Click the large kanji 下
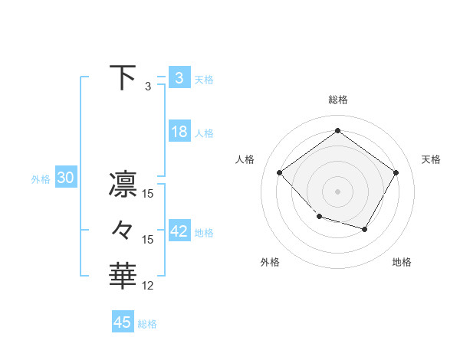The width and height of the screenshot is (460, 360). pos(123,77)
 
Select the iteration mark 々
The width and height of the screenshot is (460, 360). pos(123,229)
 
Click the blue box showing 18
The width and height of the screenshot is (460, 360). pos(179,132)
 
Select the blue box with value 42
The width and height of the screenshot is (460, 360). pos(179,231)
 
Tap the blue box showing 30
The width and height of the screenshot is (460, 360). pos(65,178)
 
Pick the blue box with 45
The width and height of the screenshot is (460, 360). pos(123,322)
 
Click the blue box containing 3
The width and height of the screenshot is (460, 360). pos(179,77)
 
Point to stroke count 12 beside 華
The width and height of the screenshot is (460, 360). pos(148,286)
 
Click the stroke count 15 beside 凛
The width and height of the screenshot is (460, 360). pos(148,194)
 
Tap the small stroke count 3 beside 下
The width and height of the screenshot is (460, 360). pos(148,87)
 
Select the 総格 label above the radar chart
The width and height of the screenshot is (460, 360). pos(337,100)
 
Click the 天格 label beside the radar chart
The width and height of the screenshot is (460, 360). pos(431,159)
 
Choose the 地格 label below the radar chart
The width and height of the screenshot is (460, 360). pos(402,262)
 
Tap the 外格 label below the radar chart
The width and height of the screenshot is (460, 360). pos(270,262)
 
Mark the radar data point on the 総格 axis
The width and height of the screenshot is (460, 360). pos(337,130)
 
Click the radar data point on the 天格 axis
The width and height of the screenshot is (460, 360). pos(396,172)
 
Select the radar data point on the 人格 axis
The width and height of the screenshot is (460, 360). pos(280,172)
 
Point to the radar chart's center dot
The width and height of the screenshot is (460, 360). pos(337,191)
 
